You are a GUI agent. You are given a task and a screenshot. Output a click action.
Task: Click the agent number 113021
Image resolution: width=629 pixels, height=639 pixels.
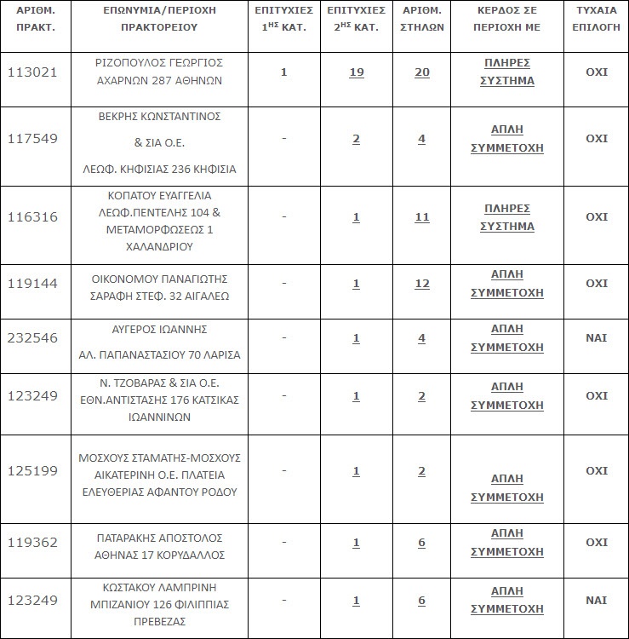pos(32,72)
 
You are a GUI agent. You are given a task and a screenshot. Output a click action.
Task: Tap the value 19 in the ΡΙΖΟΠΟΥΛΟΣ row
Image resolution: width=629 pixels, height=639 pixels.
pos(356,72)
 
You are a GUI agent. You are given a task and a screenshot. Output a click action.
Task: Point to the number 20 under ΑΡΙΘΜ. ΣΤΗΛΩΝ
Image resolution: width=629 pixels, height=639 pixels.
pos(421,72)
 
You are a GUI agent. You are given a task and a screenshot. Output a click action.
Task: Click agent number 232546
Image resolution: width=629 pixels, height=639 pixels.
pos(32,338)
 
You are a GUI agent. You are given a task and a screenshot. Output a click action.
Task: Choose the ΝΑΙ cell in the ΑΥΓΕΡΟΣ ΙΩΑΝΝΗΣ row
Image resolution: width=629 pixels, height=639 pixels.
pos(597,338)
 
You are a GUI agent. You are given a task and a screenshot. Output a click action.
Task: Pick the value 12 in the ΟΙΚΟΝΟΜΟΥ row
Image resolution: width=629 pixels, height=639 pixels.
pos(421,284)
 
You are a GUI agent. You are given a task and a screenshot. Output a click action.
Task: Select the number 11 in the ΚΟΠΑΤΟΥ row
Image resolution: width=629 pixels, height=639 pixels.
pos(421,217)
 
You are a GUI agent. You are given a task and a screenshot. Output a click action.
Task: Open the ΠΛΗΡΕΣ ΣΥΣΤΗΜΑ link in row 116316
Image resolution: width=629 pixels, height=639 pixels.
pos(508,217)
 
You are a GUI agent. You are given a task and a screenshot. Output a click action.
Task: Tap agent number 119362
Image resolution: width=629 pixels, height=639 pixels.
pos(32,543)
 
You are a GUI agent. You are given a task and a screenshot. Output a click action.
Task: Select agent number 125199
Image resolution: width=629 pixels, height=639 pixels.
pos(32,471)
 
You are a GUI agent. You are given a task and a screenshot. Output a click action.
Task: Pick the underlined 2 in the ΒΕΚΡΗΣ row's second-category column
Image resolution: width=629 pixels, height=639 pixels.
pos(356,139)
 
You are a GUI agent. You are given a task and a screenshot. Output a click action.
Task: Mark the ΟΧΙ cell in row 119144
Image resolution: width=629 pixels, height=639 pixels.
pos(597,284)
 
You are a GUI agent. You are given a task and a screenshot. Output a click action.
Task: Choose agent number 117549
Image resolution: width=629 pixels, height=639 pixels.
pos(32,139)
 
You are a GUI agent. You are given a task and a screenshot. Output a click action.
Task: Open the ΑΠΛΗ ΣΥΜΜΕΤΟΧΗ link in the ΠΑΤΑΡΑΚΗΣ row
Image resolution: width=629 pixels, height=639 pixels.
pos(508,543)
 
